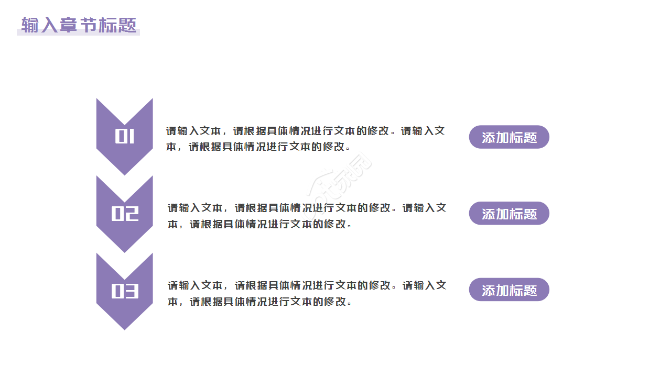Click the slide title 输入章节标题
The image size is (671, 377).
click(x=79, y=25)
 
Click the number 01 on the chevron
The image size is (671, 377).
click(x=125, y=137)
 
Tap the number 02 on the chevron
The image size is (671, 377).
click(x=125, y=214)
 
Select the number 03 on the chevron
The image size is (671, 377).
click(x=125, y=291)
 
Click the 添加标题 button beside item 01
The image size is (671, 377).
click(x=509, y=137)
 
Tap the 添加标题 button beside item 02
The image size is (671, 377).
click(x=509, y=214)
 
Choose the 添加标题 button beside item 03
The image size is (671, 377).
click(x=509, y=290)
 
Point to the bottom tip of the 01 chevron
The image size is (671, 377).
click(x=125, y=173)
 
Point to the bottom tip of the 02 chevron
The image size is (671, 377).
click(x=125, y=251)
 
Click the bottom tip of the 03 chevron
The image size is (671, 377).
click(x=125, y=328)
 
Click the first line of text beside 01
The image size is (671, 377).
click(x=306, y=131)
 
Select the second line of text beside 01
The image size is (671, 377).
click(x=258, y=147)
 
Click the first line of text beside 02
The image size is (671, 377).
click(x=307, y=208)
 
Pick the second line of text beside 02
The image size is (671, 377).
click(x=259, y=224)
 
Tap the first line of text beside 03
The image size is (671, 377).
click(x=307, y=285)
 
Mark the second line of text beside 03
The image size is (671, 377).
click(x=259, y=302)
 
